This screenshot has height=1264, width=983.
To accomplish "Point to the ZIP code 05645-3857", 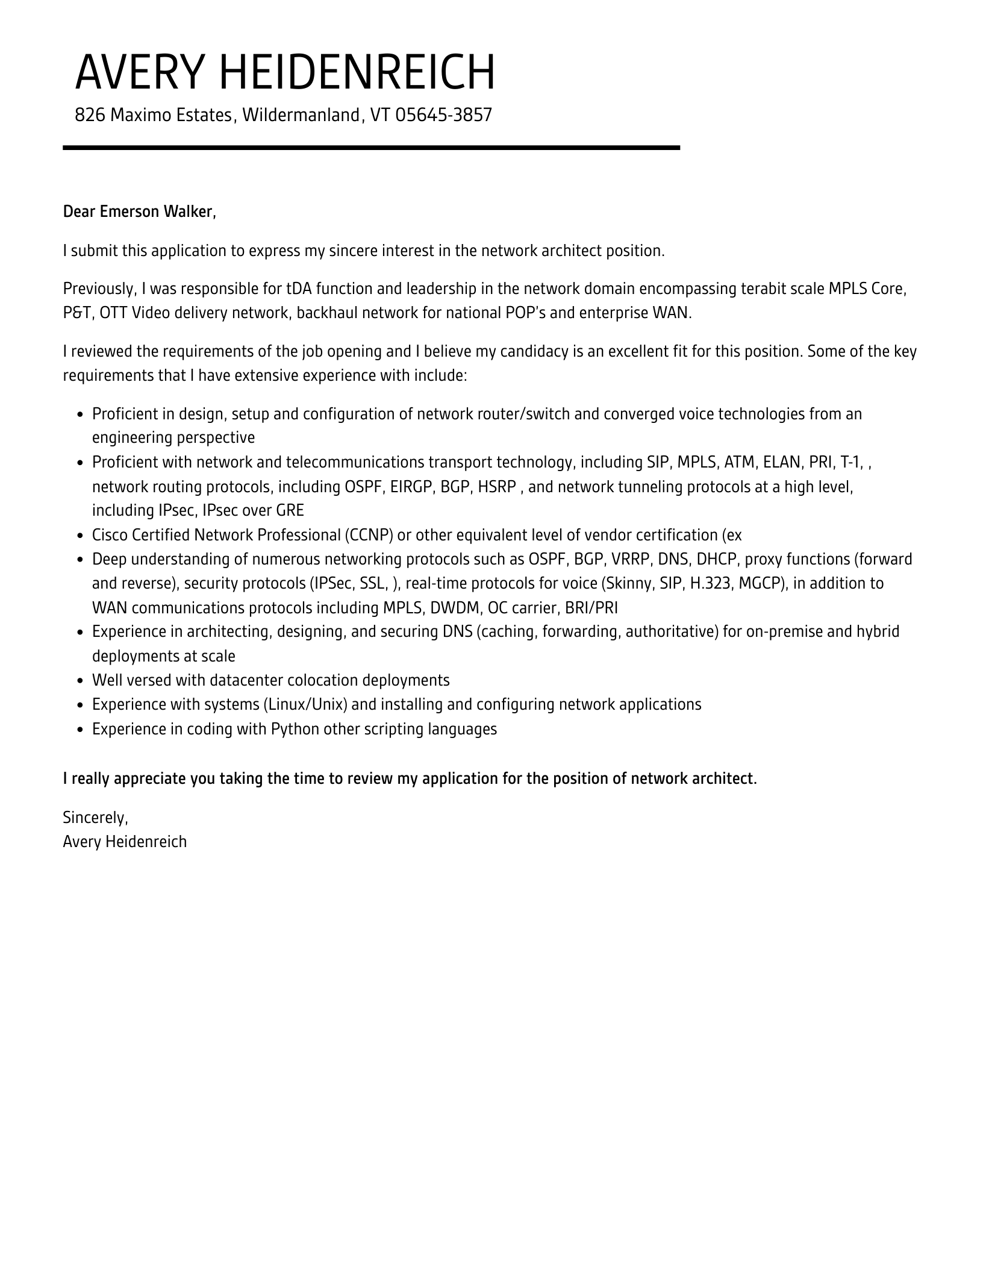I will coord(443,114).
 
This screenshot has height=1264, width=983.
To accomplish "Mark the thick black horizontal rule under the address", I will coord(371,148).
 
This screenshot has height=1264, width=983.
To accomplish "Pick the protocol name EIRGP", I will coord(412,486).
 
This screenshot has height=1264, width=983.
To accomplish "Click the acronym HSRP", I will coord(496,486).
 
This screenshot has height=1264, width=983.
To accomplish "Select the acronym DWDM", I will coord(454,607).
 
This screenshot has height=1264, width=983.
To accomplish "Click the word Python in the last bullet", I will coord(295,729).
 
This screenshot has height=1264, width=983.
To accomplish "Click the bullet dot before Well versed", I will coord(81,681).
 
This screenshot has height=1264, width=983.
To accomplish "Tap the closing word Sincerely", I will coord(95,818).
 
